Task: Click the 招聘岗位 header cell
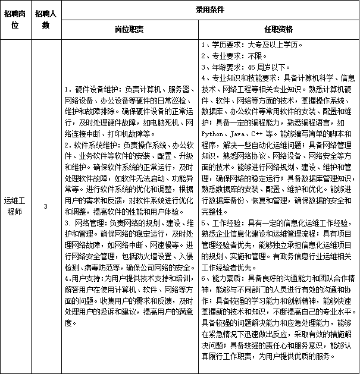point(15,19)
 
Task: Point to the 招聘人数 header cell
point(46,19)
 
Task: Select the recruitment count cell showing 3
point(46,206)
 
